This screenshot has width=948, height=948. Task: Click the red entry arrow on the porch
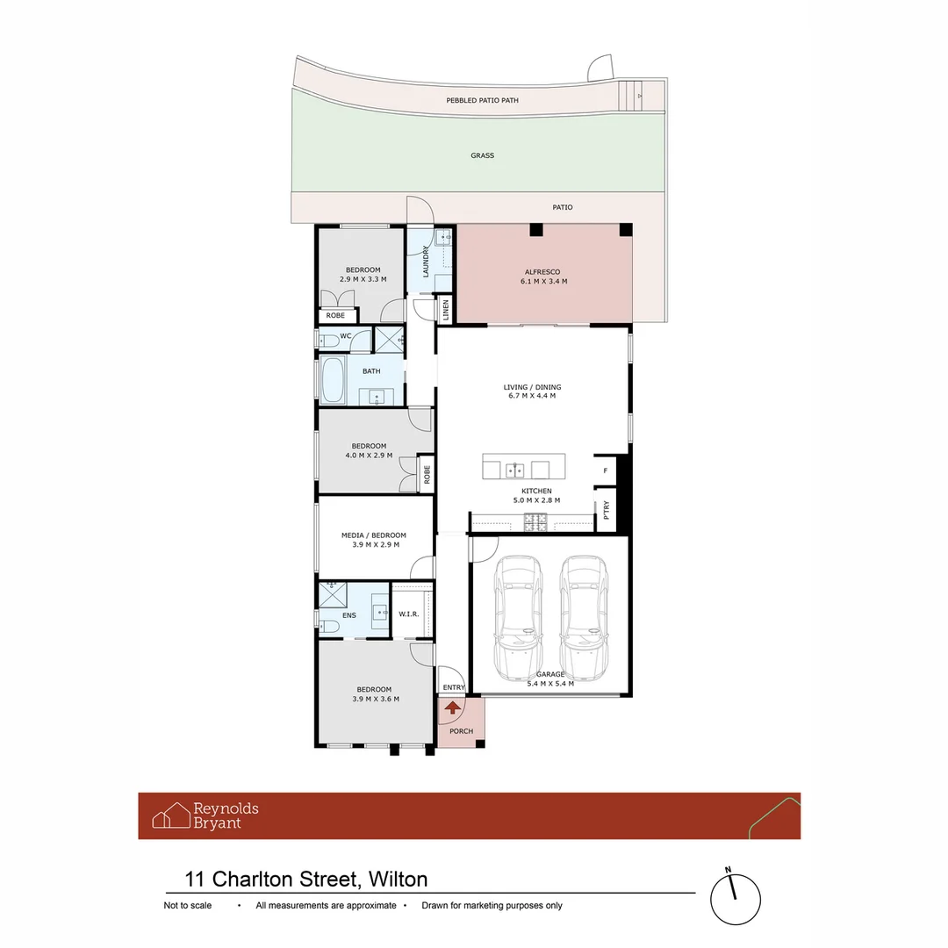453,707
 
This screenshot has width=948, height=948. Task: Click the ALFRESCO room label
542,272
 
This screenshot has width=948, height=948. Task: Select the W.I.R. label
408,614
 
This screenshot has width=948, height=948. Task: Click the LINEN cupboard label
446,310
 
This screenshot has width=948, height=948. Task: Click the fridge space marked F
605,471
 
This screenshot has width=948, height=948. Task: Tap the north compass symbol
735,898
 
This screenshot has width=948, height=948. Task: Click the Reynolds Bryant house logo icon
171,815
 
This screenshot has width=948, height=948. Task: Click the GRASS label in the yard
482,155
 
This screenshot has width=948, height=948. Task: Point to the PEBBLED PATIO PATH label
482,101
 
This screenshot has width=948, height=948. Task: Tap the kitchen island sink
519,469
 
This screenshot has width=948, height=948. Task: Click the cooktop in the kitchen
535,524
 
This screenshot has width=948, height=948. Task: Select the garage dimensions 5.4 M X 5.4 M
550,683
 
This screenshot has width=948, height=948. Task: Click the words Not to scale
189,905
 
